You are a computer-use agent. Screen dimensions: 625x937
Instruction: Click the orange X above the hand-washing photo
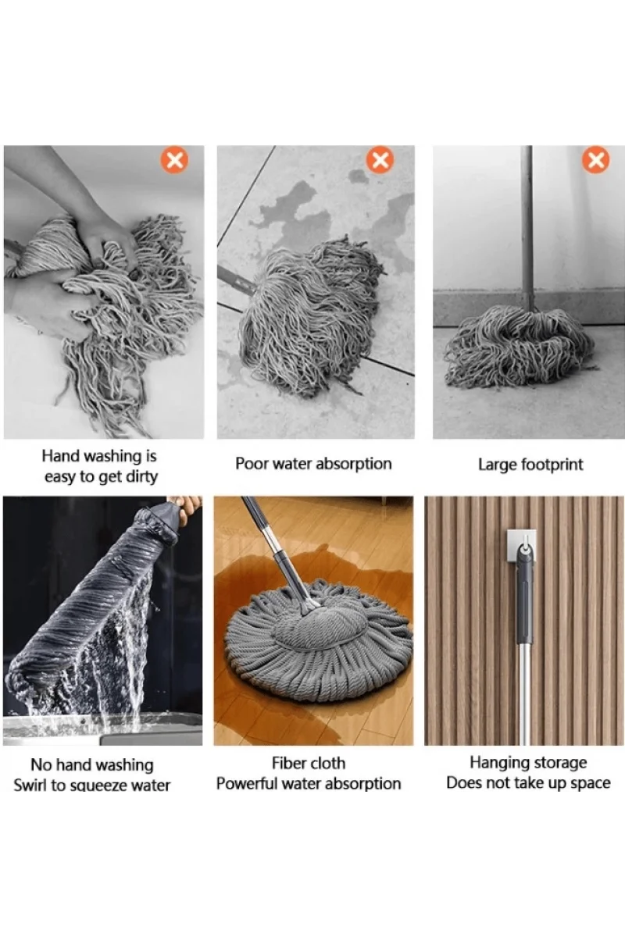pyautogui.click(x=174, y=159)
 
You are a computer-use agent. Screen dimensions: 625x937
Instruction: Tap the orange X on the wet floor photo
pyautogui.click(x=380, y=159)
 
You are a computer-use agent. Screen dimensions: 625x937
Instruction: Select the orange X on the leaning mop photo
pyautogui.click(x=595, y=159)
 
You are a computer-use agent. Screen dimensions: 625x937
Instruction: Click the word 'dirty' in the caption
pyautogui.click(x=141, y=477)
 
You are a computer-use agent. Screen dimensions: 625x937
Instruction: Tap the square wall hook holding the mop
pyautogui.click(x=521, y=547)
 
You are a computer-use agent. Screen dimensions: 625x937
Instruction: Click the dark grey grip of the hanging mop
pyautogui.click(x=524, y=596)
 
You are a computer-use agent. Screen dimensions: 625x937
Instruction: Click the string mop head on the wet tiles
pyautogui.click(x=310, y=314)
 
